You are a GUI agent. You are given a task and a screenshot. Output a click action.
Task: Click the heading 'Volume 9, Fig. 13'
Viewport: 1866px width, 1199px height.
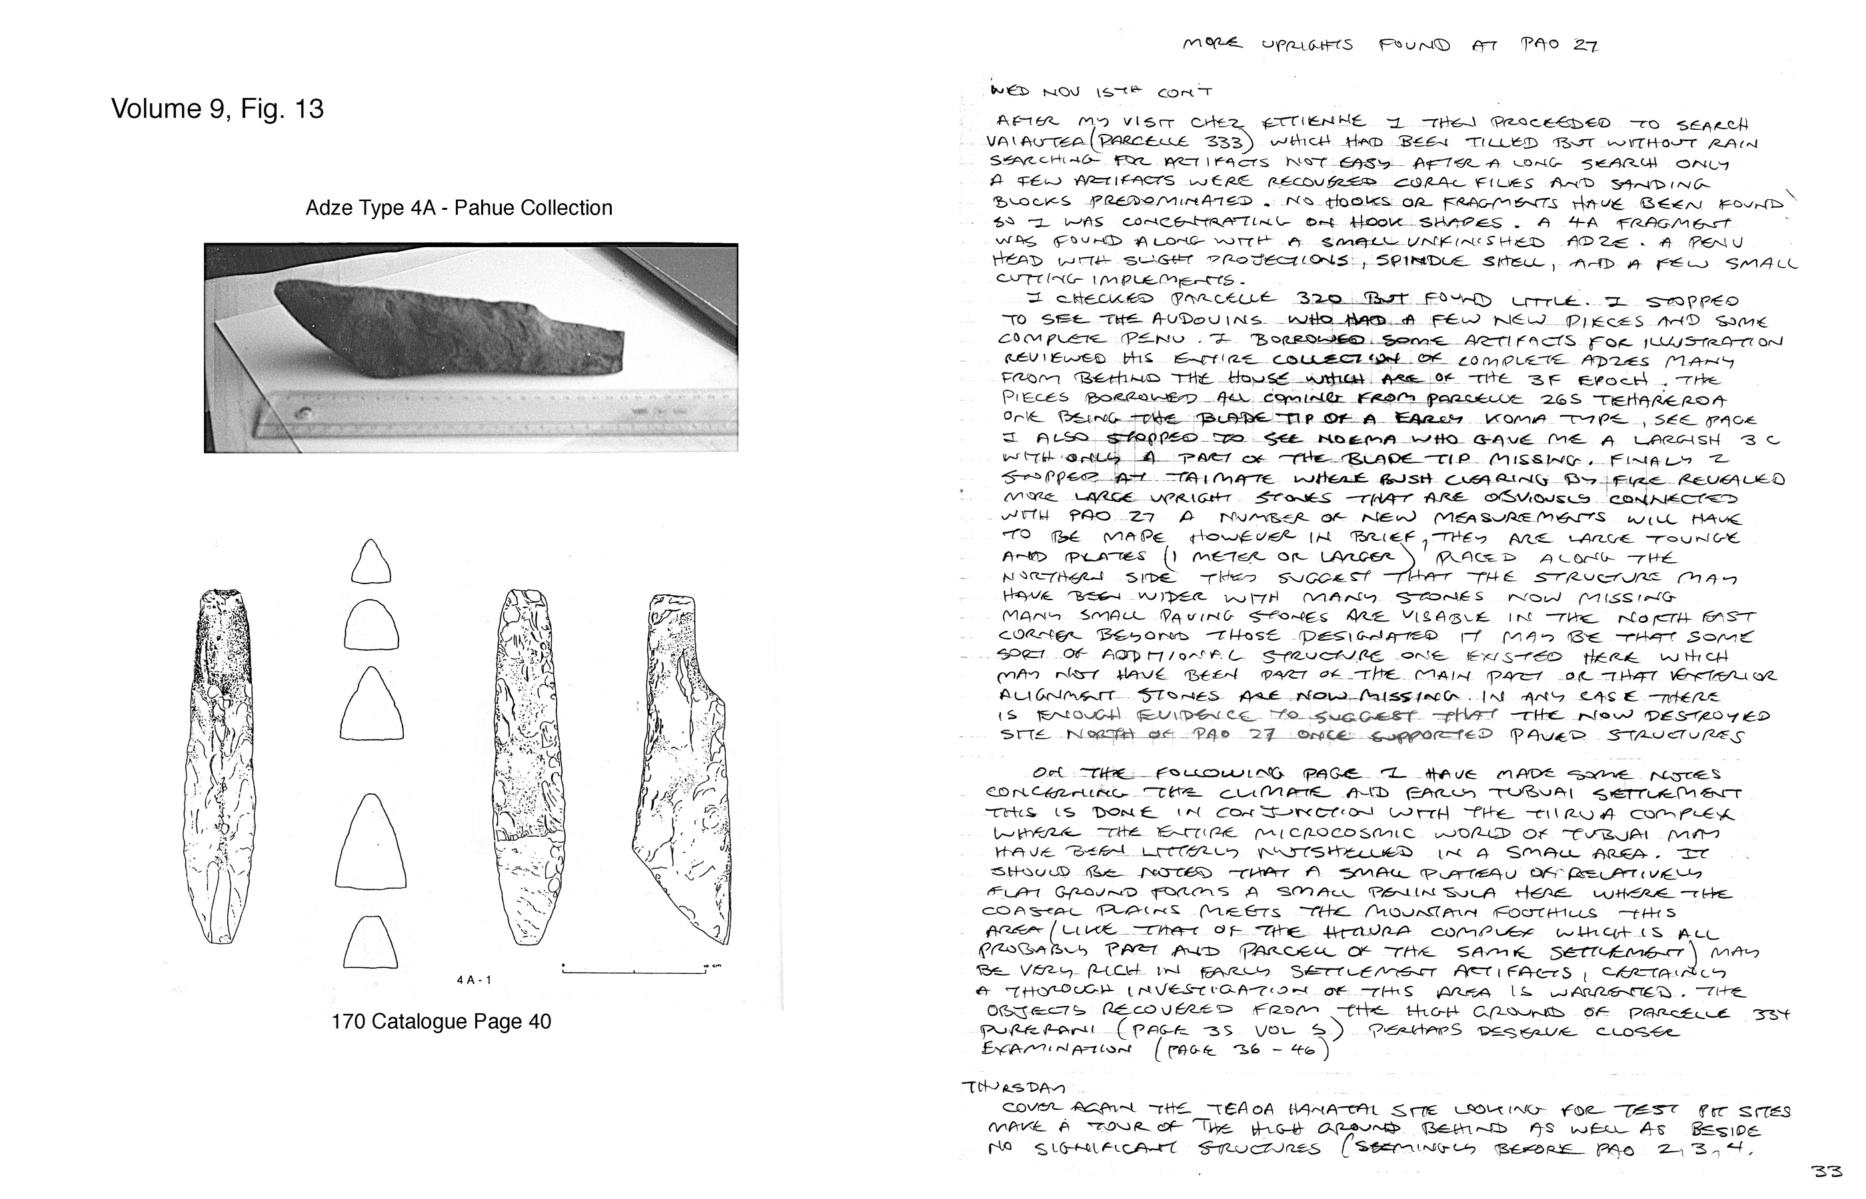tap(217, 109)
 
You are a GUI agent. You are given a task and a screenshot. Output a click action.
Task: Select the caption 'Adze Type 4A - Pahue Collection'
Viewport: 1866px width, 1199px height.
tap(459, 208)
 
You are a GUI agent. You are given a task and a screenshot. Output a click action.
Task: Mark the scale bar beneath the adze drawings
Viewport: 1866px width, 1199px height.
tap(634, 970)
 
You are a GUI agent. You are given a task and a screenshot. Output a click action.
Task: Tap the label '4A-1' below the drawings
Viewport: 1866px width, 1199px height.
tap(474, 979)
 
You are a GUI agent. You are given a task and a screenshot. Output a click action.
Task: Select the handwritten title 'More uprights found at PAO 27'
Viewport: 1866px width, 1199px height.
tap(1390, 45)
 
